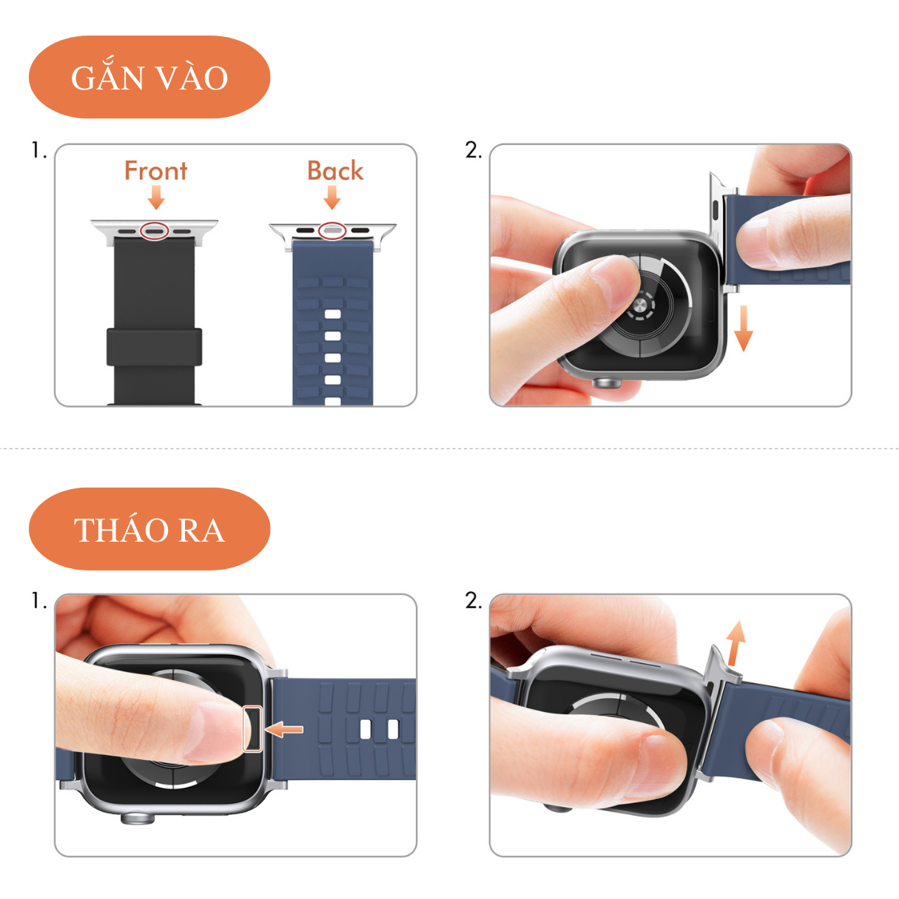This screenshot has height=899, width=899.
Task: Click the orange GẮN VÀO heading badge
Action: click(x=149, y=77)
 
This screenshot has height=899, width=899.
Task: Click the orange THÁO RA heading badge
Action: click(x=149, y=529)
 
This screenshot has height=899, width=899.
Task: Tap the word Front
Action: click(x=155, y=171)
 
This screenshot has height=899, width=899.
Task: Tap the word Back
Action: click(x=335, y=171)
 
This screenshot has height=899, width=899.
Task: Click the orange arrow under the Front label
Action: click(x=156, y=198)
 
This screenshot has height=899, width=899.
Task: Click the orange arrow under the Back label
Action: click(x=332, y=198)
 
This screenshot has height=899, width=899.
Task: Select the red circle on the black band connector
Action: click(x=155, y=231)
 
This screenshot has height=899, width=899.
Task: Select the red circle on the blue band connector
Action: click(x=332, y=231)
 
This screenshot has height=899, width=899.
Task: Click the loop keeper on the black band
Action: click(x=154, y=347)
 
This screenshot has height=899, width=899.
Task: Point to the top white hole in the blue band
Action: click(x=333, y=314)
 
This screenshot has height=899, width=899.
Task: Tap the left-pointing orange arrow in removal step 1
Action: click(x=284, y=730)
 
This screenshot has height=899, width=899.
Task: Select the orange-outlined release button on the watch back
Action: click(x=253, y=728)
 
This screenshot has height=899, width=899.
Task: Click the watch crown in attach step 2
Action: click(x=608, y=383)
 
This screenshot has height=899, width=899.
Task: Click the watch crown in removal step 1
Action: click(x=138, y=818)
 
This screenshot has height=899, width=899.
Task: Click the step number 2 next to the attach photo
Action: click(x=474, y=150)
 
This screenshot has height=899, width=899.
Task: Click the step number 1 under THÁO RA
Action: click(x=38, y=601)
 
